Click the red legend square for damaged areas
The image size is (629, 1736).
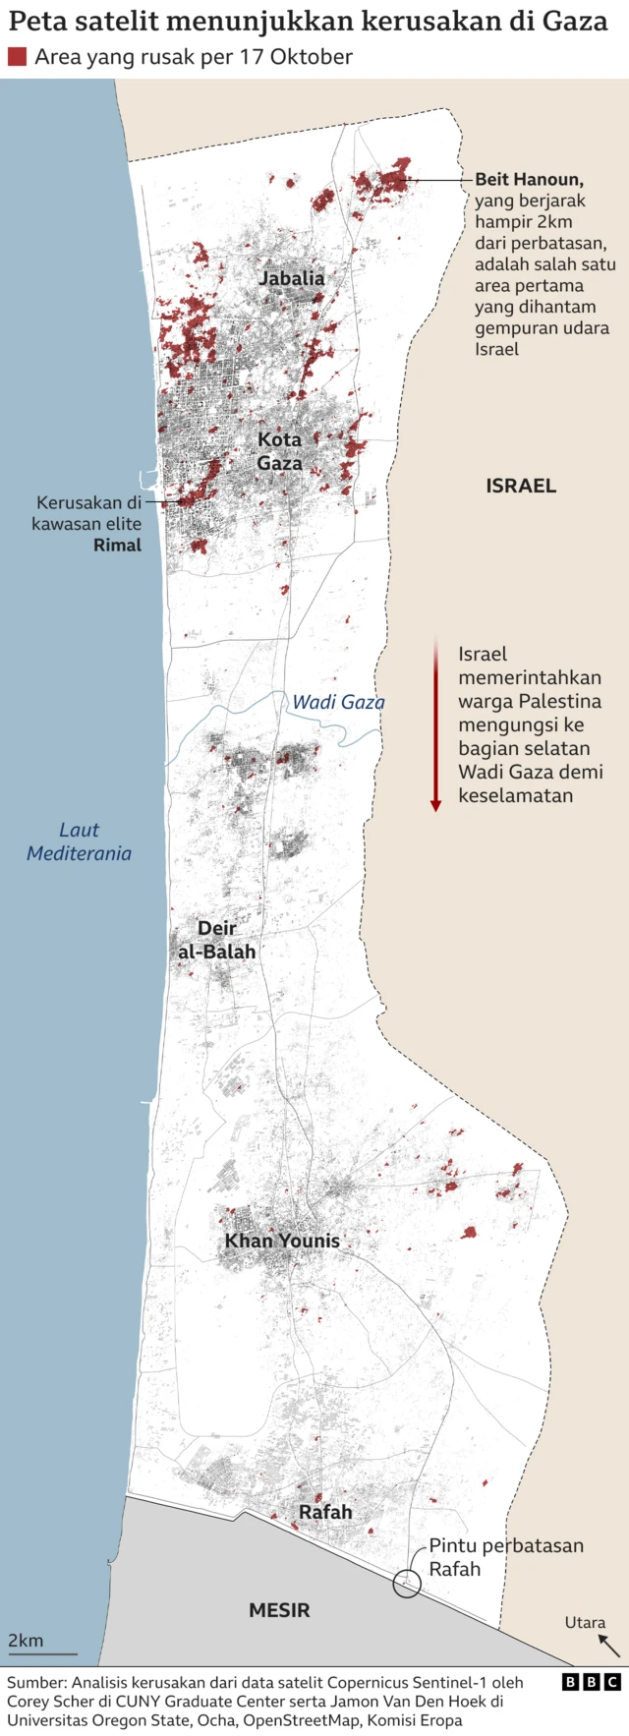coord(17,57)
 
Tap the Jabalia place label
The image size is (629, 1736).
coord(292,278)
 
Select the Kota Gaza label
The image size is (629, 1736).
coord(280,451)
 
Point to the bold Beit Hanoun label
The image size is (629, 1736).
coord(529,179)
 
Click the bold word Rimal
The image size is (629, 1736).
coord(117,545)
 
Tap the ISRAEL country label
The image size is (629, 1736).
coord(521,486)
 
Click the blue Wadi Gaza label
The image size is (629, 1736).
coord(338,702)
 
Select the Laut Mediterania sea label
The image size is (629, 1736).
coord(79,841)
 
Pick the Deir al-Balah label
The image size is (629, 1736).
coord(217,940)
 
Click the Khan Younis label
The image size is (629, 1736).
coord(282,1241)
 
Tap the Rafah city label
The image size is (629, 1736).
coord(325,1512)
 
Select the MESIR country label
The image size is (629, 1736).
coord(279,1610)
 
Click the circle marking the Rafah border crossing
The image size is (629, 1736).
coord(407,1584)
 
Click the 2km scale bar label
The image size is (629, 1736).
coord(26,1641)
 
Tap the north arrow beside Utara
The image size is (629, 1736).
coord(609,1646)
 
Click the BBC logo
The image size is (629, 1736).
coord(592,1682)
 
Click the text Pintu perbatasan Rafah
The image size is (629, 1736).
coord(505,1557)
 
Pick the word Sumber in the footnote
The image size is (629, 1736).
coord(35,1683)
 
